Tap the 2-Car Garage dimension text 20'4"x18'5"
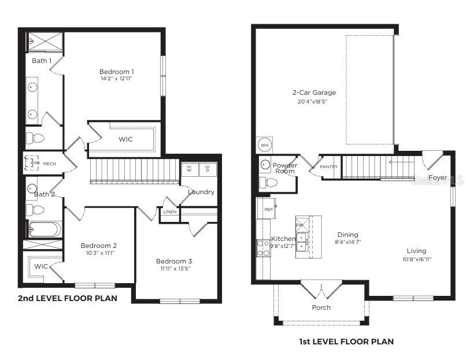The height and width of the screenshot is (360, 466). pos(313,102)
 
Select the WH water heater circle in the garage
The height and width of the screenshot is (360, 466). pos(264,144)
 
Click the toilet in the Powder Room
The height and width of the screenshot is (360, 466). pos(268,183)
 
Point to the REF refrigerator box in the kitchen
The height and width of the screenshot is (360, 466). pos(268,209)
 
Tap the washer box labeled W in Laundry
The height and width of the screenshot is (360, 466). pos(189,170)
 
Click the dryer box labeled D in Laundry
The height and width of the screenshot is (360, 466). pos(208,170)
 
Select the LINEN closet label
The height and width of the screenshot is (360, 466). pos(169,212)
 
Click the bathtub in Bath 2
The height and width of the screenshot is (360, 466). pos(44,229)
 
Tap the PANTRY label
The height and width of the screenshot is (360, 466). pos(328,166)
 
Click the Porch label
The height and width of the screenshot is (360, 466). pos(321,307)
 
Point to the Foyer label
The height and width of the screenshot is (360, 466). pos(438,177)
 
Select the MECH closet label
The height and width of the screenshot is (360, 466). pos(49,164)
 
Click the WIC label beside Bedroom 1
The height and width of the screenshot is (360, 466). pos(125,139)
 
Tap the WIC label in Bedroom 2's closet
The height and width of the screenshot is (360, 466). pos(40,266)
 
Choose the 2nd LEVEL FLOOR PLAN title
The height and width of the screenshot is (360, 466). pos(67,298)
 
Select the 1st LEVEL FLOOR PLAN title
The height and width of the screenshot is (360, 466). pos(346,342)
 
